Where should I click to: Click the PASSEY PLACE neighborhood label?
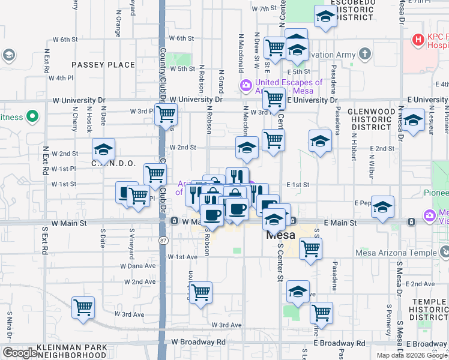click(x=103, y=64)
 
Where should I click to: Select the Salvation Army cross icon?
click(x=364, y=55)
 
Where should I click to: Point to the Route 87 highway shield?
click(x=164, y=240)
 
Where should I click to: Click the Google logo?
click(x=20, y=353)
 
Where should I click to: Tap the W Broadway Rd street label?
click(x=198, y=342)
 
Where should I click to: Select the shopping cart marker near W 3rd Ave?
click(x=83, y=307)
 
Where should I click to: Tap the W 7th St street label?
click(x=267, y=9)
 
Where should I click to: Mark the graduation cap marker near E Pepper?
click(x=382, y=207)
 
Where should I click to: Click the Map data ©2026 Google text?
click(x=412, y=355)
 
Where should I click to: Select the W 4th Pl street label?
click(x=61, y=78)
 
